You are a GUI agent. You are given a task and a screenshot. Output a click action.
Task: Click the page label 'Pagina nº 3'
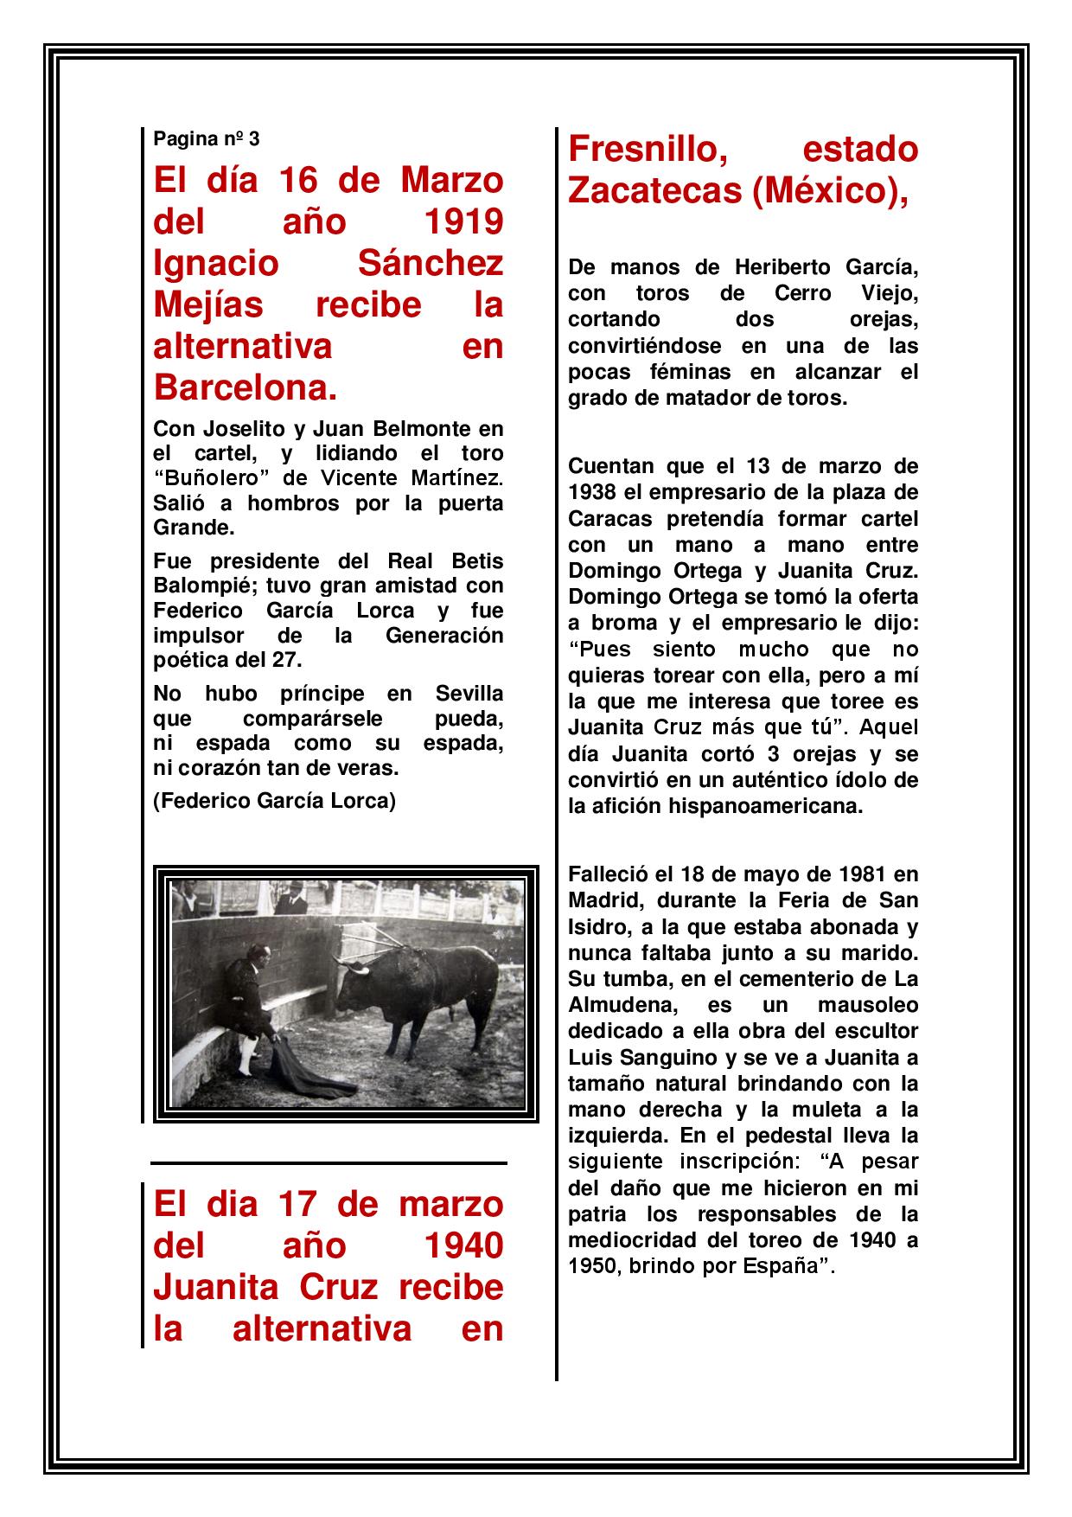tap(206, 138)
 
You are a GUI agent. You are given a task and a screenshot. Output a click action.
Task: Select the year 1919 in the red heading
tap(464, 222)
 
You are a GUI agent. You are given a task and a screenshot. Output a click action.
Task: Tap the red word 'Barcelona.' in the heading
tap(244, 388)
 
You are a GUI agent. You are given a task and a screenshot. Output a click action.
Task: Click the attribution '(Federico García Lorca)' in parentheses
tap(274, 801)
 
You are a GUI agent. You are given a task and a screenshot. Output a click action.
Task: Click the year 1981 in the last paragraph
tap(839, 874)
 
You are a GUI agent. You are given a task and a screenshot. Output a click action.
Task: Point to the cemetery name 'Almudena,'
tap(616, 1005)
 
